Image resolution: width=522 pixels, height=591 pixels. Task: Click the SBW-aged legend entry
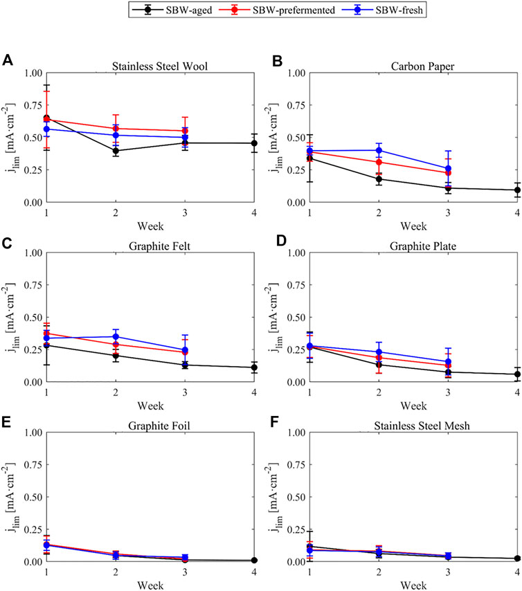pyautogui.click(x=172, y=10)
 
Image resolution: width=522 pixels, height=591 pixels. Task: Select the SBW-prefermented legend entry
pyautogui.click(x=277, y=10)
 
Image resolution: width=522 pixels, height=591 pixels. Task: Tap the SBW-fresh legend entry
pyautogui.click(x=382, y=10)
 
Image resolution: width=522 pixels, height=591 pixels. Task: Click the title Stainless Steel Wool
pyautogui.click(x=159, y=66)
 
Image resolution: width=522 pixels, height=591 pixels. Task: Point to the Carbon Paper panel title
pyautogui.click(x=422, y=66)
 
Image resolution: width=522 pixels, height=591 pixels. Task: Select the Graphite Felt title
pyautogui.click(x=159, y=246)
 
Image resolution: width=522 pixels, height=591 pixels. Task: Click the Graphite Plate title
pyautogui.click(x=423, y=246)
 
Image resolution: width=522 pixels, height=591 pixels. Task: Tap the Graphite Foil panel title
pyautogui.click(x=159, y=426)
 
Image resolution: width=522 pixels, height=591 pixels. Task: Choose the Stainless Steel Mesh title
pyautogui.click(x=422, y=426)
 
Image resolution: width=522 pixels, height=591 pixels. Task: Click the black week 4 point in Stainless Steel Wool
pyautogui.click(x=254, y=143)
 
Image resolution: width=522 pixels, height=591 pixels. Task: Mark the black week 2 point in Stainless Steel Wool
pyautogui.click(x=116, y=151)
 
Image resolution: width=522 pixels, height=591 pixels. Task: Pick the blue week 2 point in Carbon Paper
pyautogui.click(x=379, y=150)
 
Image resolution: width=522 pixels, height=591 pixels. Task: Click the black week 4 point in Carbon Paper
pyautogui.click(x=517, y=190)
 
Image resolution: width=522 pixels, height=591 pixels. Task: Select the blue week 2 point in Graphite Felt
pyautogui.click(x=116, y=336)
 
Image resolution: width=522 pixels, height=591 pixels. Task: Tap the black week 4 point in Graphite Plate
pyautogui.click(x=517, y=374)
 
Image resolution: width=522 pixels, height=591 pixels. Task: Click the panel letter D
pyautogui.click(x=281, y=241)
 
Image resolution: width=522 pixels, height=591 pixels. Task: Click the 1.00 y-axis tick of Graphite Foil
pyautogui.click(x=33, y=433)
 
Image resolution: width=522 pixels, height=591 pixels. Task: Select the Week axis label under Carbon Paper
pyautogui.click(x=413, y=226)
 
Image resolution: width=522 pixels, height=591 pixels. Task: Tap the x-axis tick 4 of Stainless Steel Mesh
pyautogui.click(x=517, y=572)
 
